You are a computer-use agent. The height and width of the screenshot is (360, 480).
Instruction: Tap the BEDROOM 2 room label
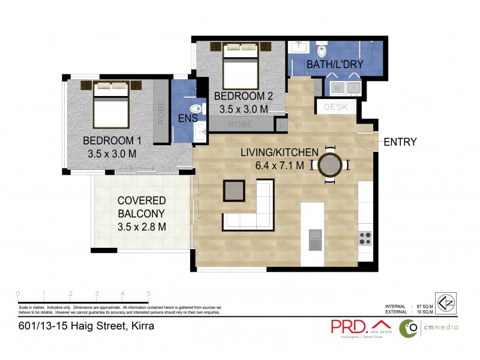point(239,96)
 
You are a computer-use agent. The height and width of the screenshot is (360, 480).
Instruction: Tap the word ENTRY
point(400,142)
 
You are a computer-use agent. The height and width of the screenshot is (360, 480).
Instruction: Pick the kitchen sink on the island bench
point(315,239)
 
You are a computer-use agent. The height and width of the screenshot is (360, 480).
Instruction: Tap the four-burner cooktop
point(365,238)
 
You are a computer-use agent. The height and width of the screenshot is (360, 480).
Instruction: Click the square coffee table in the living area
point(234,191)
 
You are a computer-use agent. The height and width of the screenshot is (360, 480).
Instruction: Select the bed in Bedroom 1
point(111,106)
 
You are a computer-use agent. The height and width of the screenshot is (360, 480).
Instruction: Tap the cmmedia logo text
point(440,327)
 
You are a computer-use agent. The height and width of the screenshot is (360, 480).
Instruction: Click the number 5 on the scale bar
point(148,293)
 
